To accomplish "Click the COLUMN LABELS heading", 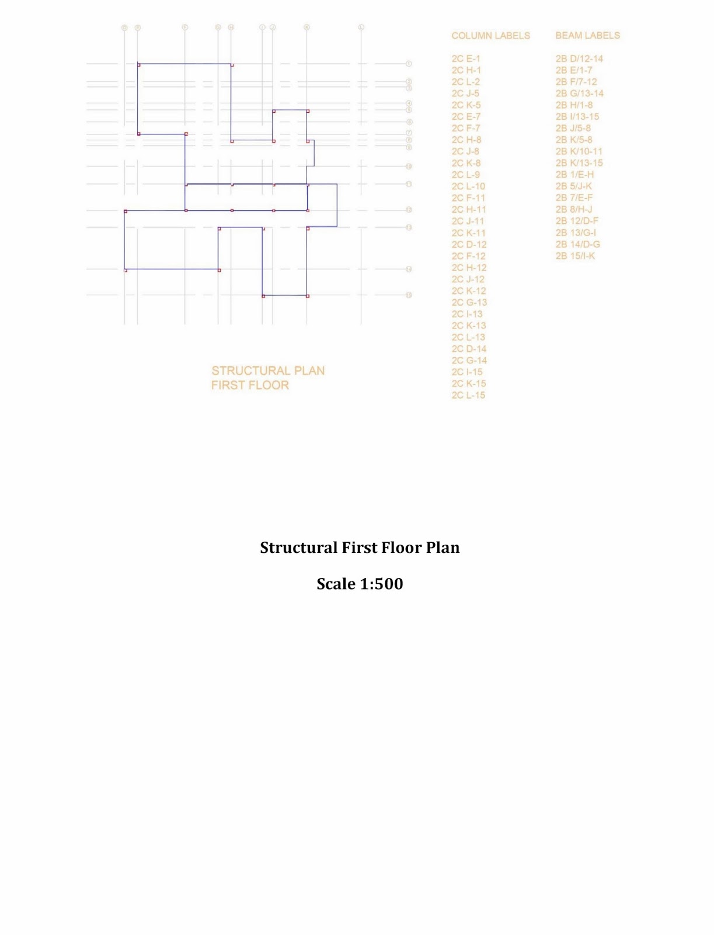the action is pos(490,36).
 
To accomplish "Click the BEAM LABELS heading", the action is pos(587,36).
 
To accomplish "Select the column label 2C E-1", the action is pos(465,58).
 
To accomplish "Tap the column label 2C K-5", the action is pos(466,105).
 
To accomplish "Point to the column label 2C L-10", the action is pos(468,186).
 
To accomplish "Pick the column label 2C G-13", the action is pos(469,302).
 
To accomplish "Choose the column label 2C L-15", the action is pos(468,395).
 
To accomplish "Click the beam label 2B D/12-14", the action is pos(579,58).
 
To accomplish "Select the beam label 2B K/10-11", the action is pos(579,151).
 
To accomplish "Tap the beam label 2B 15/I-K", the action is pos(575,256).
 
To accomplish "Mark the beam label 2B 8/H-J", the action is pos(574,209).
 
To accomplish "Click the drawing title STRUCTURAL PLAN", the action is pos(268,370).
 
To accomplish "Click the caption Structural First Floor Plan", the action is pos(360,548).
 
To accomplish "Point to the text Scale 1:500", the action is pos(360,584).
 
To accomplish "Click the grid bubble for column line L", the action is pos(361,27).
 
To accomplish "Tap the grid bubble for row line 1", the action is pos(409,64).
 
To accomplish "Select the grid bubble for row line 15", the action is pos(409,295).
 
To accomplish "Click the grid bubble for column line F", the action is pos(185,27).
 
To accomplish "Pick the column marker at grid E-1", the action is pos(138,64).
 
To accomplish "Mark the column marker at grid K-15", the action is pos(308,296).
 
